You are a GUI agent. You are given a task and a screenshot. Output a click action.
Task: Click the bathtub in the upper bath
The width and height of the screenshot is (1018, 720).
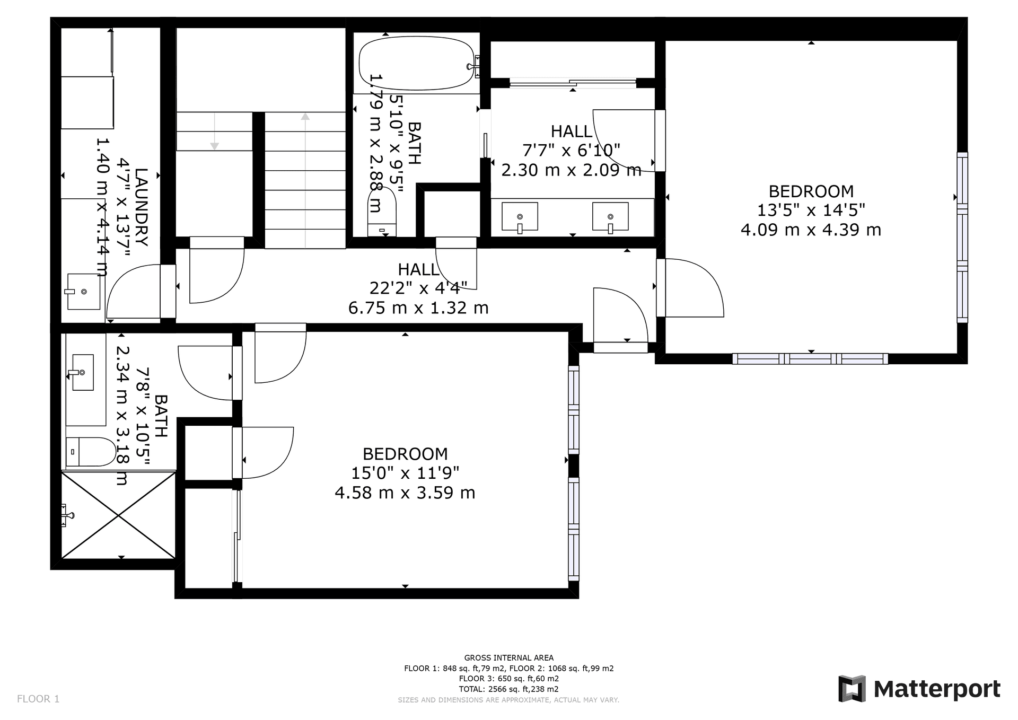[417, 64]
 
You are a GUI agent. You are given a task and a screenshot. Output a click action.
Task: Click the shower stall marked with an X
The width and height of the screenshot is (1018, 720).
[119, 514]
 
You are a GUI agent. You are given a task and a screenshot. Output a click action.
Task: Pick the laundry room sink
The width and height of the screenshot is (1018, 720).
[83, 292]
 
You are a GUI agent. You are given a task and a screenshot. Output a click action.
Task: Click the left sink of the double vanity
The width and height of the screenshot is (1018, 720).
[520, 217]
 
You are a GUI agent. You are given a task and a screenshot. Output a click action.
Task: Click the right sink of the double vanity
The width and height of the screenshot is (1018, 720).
[610, 217]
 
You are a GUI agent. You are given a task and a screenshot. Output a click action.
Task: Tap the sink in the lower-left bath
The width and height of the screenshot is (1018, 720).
[83, 372]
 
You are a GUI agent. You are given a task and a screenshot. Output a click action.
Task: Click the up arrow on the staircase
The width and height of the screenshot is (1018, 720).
[305, 118]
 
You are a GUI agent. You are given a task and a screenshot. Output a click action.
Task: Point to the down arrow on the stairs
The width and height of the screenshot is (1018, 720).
[214, 145]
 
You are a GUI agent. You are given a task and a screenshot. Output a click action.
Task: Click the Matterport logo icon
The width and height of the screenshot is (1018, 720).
[852, 689]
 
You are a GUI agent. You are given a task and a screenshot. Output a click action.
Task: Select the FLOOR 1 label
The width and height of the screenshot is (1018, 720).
[38, 699]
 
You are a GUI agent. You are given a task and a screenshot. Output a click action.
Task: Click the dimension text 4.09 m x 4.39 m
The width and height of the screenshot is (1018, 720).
[811, 230]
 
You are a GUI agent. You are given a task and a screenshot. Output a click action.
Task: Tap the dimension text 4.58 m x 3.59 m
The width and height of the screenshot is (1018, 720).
[405, 493]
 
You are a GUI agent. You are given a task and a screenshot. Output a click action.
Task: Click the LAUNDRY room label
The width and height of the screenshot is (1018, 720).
[142, 207]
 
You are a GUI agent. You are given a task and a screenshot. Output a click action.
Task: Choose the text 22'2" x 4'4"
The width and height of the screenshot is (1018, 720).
[418, 288]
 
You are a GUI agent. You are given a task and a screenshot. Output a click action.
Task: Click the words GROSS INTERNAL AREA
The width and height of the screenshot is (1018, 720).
[508, 658]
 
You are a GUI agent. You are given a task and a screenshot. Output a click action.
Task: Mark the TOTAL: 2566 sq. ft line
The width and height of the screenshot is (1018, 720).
[508, 689]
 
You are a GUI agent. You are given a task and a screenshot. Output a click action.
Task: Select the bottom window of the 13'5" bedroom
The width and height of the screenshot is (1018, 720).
[810, 359]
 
